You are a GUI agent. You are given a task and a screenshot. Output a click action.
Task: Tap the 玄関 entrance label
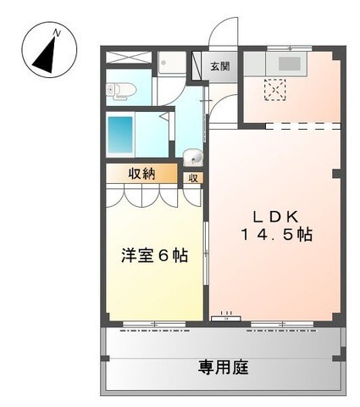tap(219, 65)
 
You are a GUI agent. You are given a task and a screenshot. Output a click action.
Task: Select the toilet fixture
tap(121, 90)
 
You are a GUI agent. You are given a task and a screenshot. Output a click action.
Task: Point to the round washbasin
tap(193, 156)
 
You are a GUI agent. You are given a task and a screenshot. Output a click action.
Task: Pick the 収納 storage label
tap(141, 174)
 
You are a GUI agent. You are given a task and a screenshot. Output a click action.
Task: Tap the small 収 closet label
tap(194, 178)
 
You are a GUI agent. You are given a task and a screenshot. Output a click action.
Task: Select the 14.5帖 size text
tap(275, 235)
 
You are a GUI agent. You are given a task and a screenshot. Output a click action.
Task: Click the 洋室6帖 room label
tap(153, 255)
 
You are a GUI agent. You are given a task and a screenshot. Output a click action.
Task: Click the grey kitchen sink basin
tap(291, 64)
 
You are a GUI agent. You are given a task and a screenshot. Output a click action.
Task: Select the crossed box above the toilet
tap(130, 59)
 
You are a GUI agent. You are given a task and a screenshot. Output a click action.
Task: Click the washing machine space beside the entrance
tap(172, 64)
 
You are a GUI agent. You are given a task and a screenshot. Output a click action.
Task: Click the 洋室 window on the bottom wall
tap(155, 323)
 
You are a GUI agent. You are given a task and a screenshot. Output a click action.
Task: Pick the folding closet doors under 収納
tap(153, 196)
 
